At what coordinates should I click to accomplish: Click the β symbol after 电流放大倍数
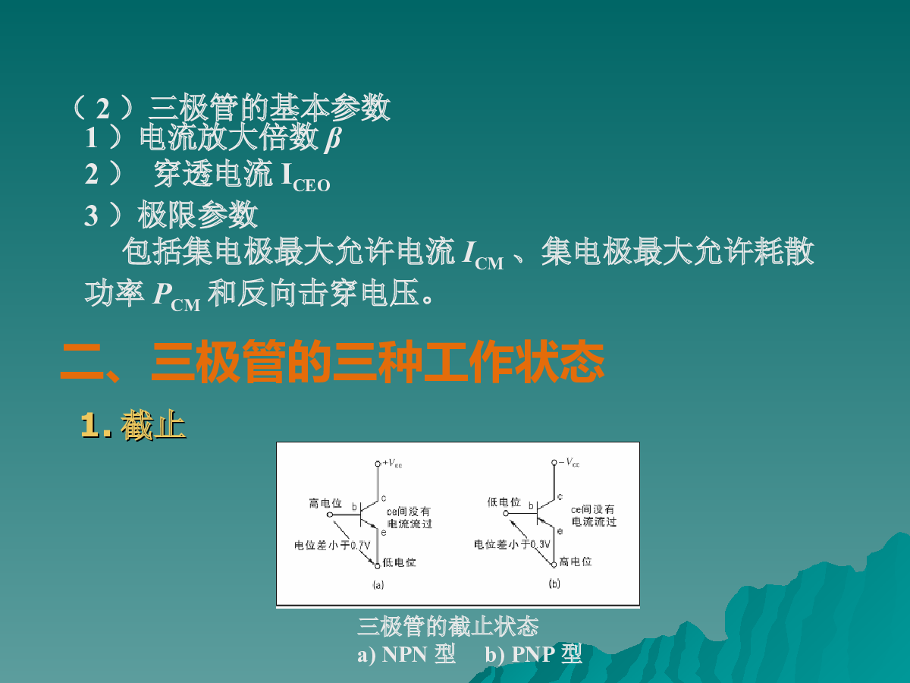[x=333, y=139]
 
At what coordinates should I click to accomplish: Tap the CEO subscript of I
[x=312, y=185]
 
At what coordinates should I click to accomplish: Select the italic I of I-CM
[x=469, y=252]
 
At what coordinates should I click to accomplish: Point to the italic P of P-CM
[x=162, y=294]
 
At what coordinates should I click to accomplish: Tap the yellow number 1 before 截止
[x=91, y=425]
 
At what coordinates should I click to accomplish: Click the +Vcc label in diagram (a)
[x=392, y=463]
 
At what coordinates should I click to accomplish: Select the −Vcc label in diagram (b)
[x=570, y=462]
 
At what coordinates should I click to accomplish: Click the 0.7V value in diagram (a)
[x=360, y=546]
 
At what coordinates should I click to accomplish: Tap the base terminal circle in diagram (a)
[x=330, y=515]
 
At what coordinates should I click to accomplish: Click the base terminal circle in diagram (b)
[x=506, y=514]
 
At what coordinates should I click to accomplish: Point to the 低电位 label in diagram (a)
[x=399, y=562]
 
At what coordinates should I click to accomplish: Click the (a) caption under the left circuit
[x=378, y=584]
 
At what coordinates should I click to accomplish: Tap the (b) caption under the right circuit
[x=554, y=584]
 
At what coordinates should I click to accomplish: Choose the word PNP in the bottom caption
[x=533, y=654]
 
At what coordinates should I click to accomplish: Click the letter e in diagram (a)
[x=384, y=533]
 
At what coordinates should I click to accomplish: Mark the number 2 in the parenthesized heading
[x=103, y=109]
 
